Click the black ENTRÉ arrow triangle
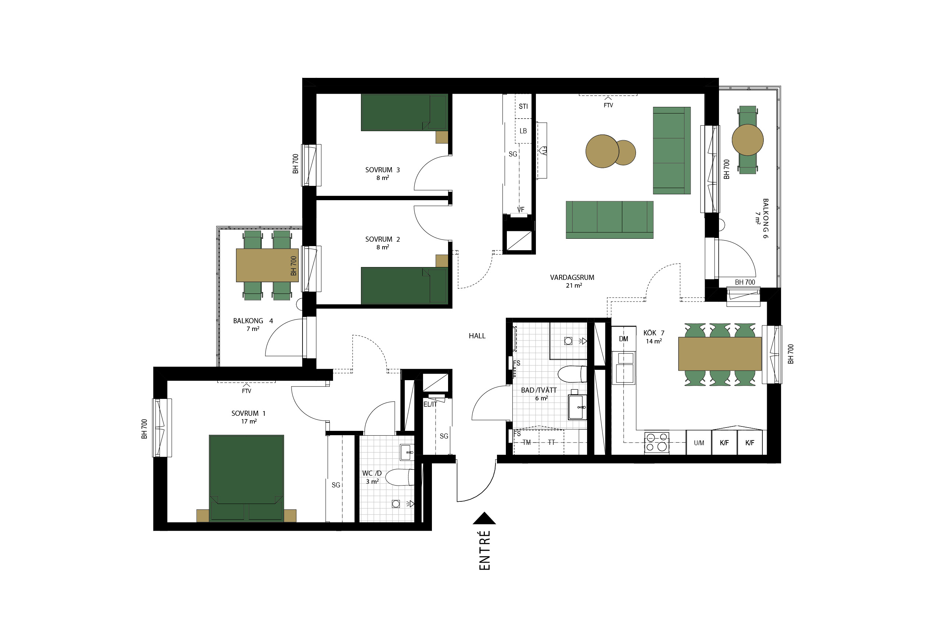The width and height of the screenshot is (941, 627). point(484,519)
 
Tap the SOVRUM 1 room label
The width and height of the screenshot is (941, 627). point(248,414)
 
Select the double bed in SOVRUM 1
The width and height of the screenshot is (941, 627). point(246,478)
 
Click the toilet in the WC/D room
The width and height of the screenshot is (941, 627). point(400,477)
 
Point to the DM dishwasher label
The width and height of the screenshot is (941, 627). point(623,339)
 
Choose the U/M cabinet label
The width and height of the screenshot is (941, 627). point(699,443)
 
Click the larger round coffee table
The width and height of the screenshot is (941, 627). point(602,151)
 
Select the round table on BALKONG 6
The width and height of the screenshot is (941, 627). point(748,140)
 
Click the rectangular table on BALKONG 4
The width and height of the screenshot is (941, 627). point(267,265)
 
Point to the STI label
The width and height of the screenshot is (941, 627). point(523,107)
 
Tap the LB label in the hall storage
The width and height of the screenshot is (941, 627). point(523,131)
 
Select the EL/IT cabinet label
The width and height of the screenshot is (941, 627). point(430,404)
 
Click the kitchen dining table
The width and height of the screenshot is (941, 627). point(720,354)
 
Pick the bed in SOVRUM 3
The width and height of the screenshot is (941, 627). point(404,112)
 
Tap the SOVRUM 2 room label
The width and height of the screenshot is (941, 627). point(383,239)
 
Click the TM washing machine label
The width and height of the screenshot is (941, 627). point(526,443)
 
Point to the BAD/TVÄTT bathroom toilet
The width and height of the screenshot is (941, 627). point(572,374)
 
